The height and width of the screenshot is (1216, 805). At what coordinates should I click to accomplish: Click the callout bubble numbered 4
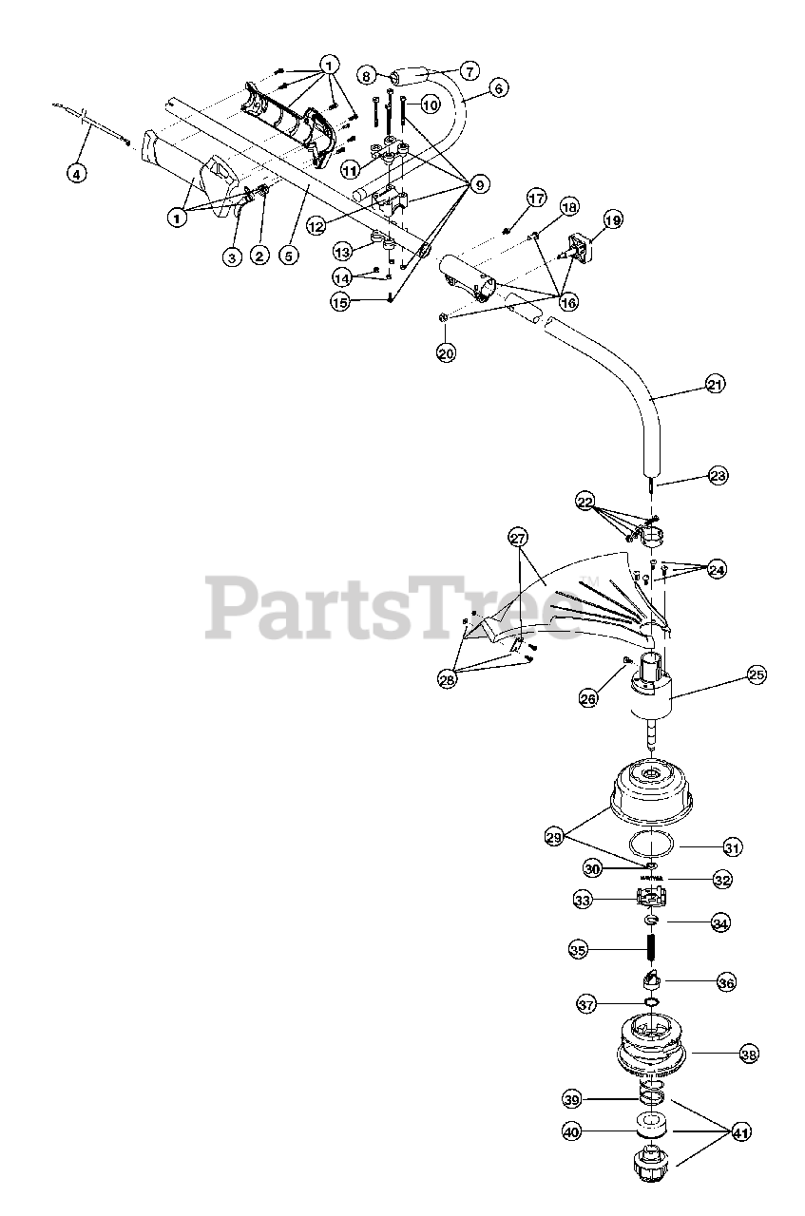click(76, 174)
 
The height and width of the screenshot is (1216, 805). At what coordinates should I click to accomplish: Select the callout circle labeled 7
click(470, 70)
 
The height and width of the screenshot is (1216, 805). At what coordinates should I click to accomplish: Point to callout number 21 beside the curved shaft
click(715, 385)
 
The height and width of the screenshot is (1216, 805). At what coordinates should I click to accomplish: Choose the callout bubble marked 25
click(756, 675)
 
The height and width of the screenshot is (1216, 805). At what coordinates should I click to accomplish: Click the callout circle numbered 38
click(749, 1054)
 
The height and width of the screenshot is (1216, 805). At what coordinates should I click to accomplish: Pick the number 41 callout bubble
click(742, 1131)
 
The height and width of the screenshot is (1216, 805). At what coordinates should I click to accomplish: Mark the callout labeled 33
click(584, 898)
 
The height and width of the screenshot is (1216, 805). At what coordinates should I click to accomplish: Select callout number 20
click(446, 352)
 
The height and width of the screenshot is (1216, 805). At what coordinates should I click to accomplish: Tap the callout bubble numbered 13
click(343, 251)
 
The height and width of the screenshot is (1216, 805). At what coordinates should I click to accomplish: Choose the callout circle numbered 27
click(519, 538)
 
